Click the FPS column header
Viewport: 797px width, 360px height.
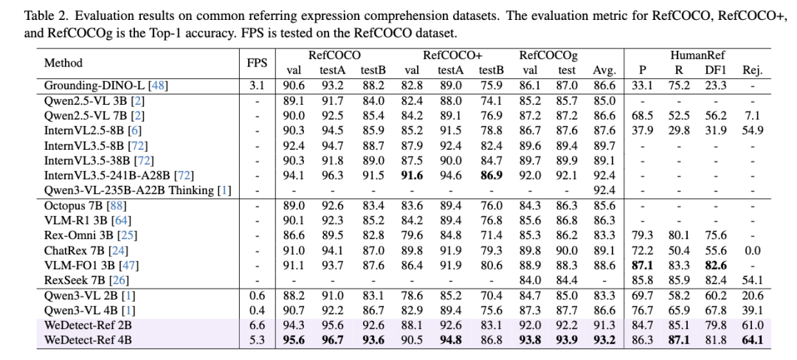pos(257,63)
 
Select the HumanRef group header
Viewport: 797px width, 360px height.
pos(697,55)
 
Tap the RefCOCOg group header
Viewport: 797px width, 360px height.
pos(548,55)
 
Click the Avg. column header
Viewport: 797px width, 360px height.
pos(604,71)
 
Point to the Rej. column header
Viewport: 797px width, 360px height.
pos(753,71)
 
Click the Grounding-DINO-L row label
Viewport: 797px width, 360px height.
pos(106,86)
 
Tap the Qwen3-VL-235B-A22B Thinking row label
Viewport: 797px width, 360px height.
pos(137,191)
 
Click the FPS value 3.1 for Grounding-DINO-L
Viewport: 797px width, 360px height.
pos(257,86)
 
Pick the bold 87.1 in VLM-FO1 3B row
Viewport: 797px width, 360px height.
pos(642,266)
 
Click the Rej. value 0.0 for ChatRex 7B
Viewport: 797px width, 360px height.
pos(753,251)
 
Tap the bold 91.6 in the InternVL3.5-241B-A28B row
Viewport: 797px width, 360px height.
pos(412,176)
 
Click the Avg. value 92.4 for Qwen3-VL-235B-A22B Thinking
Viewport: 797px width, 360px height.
pos(604,191)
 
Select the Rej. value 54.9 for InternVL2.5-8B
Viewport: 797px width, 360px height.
pos(753,131)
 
